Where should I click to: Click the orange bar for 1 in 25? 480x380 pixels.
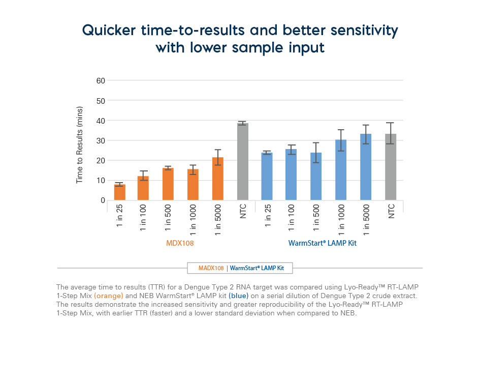click(x=119, y=192)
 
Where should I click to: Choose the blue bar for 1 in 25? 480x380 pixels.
click(x=267, y=177)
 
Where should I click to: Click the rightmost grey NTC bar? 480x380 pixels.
click(x=390, y=167)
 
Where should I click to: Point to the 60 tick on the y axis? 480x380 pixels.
click(x=100, y=80)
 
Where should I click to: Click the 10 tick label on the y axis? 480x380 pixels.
click(x=100, y=181)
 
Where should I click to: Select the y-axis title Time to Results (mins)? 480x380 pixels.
click(x=79, y=145)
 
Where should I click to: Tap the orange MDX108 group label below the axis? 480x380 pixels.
click(x=180, y=243)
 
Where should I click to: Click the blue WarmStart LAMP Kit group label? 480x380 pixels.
click(x=322, y=243)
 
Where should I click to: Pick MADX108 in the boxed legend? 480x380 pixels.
click(x=211, y=268)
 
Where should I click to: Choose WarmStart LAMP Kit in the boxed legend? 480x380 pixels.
click(x=257, y=268)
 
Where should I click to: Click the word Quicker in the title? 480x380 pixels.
click(x=108, y=31)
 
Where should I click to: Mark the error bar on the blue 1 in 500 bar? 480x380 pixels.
click(x=316, y=153)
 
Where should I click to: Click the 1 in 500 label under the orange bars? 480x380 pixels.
click(x=168, y=217)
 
